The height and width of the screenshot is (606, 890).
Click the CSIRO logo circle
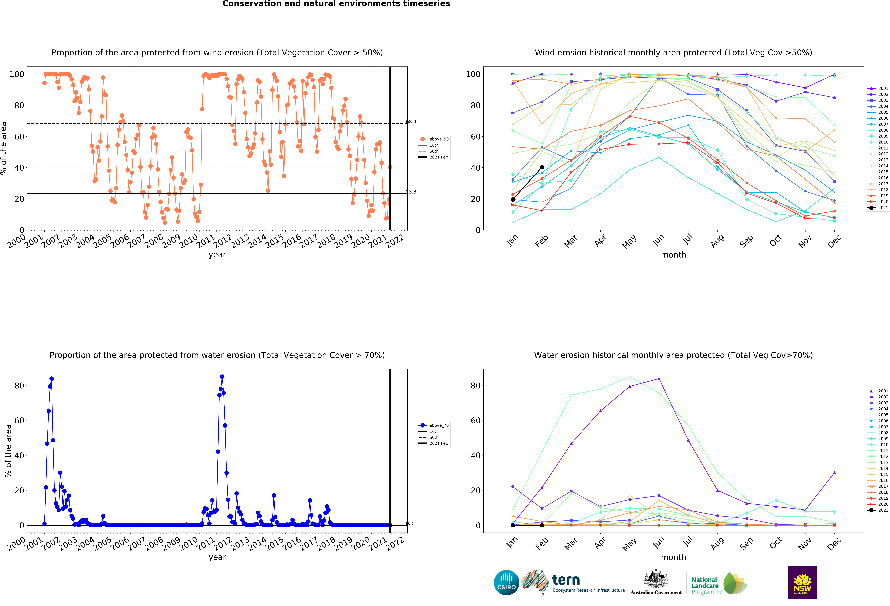506,583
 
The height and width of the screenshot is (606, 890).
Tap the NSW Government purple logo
802,582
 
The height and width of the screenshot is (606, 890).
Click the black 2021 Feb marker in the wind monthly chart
542,167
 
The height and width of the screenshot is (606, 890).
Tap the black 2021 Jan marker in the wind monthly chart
513,199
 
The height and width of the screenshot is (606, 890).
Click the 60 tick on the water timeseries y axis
19,420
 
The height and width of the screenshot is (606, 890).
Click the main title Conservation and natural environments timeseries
336,4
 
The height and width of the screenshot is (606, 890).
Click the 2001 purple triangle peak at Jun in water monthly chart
659,379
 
